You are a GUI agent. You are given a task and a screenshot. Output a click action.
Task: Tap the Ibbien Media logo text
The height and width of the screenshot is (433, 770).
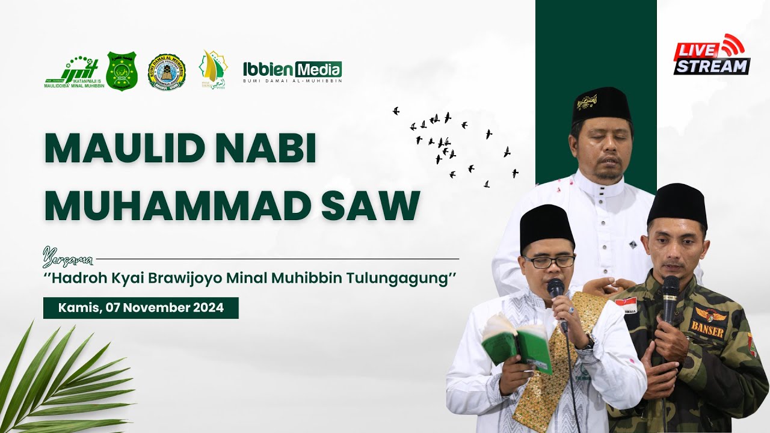pyautogui.click(x=292, y=69)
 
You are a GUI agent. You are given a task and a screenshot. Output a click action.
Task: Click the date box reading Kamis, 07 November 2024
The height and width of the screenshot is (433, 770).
pyautogui.click(x=141, y=308)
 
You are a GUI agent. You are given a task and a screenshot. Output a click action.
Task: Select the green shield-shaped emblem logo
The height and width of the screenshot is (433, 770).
pyautogui.click(x=122, y=70)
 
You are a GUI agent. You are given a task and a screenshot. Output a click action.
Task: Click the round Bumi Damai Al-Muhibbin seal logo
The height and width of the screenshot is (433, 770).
pyautogui.click(x=167, y=71)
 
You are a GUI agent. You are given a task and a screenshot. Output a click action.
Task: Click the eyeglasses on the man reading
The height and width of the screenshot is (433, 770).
pyautogui.click(x=549, y=262)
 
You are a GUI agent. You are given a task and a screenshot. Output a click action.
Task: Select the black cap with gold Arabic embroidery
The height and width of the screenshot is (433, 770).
pyautogui.click(x=601, y=105)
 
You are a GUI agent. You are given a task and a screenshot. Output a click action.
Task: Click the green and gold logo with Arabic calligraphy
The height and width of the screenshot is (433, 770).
pyautogui.click(x=213, y=70)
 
